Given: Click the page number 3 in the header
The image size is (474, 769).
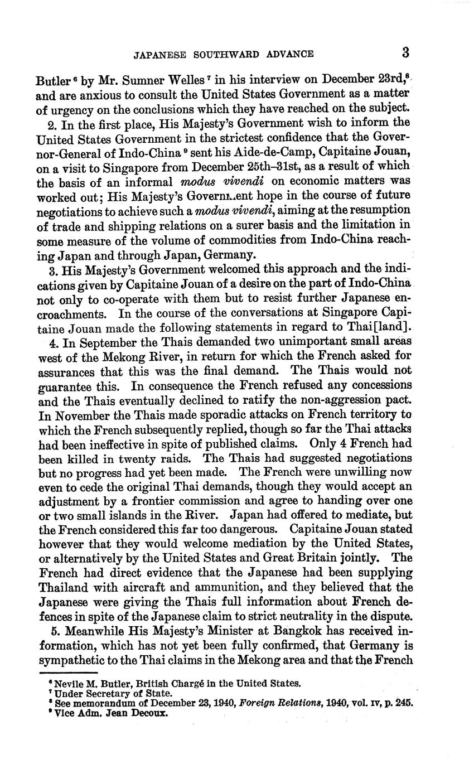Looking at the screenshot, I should pyautogui.click(x=405, y=53).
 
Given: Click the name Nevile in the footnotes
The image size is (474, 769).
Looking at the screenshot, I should pyautogui.click(x=68, y=683).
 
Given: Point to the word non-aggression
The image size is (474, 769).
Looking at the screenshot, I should pyautogui.click(x=344, y=400).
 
